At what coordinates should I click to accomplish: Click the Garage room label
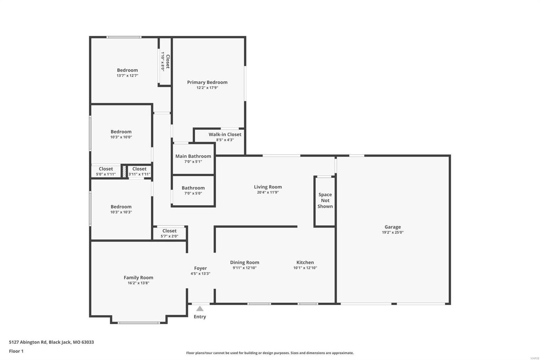(393, 227)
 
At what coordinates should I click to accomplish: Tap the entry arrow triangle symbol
(200, 309)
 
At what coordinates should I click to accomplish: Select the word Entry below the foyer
(200, 317)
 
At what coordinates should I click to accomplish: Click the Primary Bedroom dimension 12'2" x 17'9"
(207, 88)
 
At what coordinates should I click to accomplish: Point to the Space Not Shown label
(325, 200)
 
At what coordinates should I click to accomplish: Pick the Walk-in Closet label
(225, 134)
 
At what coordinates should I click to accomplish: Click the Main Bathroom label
(193, 156)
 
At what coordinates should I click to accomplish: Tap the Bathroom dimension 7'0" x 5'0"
(193, 194)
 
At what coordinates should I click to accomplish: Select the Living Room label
(268, 187)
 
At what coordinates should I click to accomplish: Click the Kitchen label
(305, 262)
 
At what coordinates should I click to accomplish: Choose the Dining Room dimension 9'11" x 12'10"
(245, 268)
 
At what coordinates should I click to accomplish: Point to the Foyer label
(200, 268)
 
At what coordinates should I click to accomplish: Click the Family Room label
(138, 278)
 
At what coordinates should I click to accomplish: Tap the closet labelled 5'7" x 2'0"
(169, 233)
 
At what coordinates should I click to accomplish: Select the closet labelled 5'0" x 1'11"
(106, 171)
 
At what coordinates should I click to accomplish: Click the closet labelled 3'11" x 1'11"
(139, 171)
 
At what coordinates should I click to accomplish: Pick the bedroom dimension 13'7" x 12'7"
(127, 76)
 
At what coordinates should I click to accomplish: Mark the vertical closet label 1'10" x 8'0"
(165, 61)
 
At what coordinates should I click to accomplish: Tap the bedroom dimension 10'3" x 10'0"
(121, 137)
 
